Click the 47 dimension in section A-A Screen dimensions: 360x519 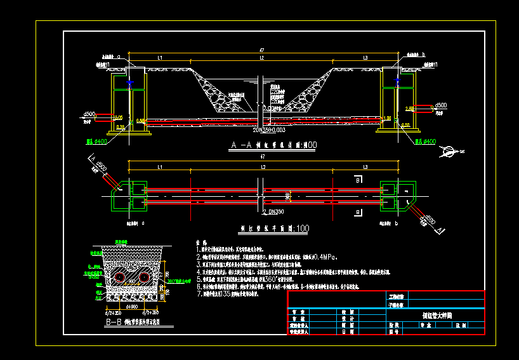point(261,50)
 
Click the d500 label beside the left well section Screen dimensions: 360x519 point(89,114)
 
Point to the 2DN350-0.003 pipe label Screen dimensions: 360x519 point(240,129)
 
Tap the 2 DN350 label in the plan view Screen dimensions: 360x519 point(272,211)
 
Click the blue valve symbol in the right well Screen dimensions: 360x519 point(397,83)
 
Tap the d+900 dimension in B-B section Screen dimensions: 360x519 point(132,306)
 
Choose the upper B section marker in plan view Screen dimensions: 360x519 point(358,181)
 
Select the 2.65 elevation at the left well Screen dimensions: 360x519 point(117,117)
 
